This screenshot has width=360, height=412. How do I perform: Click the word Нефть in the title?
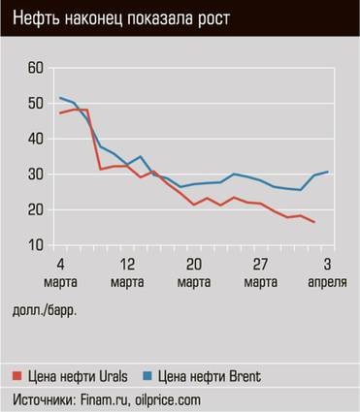[x=34, y=16]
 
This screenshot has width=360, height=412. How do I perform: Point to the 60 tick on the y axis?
[x=36, y=68]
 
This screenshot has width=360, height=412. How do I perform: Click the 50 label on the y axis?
[x=36, y=104]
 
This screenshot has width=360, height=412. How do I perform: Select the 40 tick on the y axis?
[x=36, y=139]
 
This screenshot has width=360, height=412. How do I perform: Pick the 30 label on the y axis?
[x=36, y=174]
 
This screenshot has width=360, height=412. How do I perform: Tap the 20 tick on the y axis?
[x=36, y=210]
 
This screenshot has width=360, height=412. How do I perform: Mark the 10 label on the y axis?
[x=36, y=245]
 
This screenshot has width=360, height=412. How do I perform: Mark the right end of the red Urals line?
[x=314, y=223]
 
